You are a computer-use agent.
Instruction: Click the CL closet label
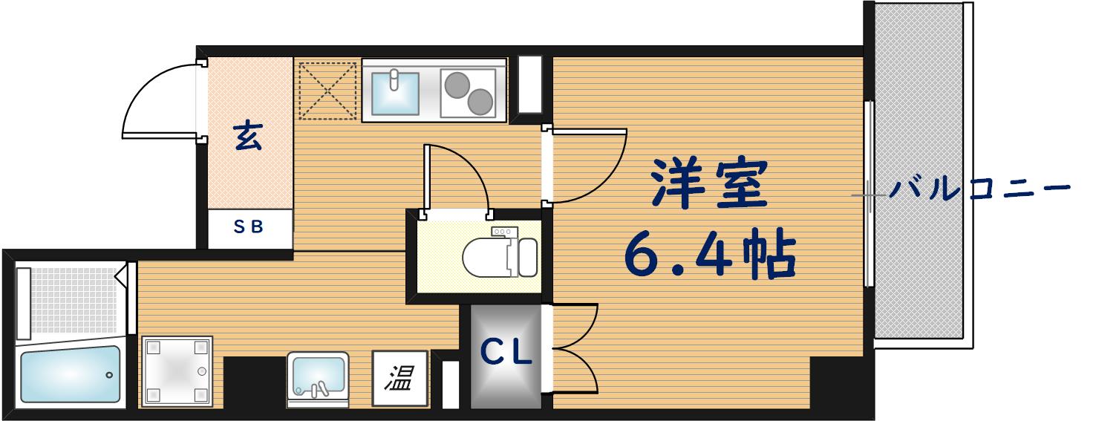tap(506, 353)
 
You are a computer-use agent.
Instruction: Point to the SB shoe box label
tap(249, 228)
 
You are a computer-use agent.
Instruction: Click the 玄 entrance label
tap(248, 137)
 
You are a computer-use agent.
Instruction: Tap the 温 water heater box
tap(400, 379)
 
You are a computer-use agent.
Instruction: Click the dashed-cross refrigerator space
tap(327, 90)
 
